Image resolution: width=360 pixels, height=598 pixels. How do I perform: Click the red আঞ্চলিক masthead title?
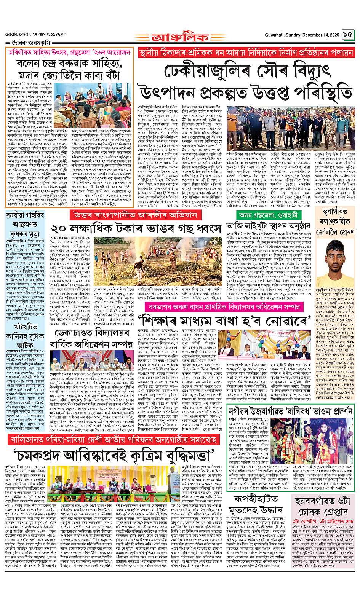click(180, 37)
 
